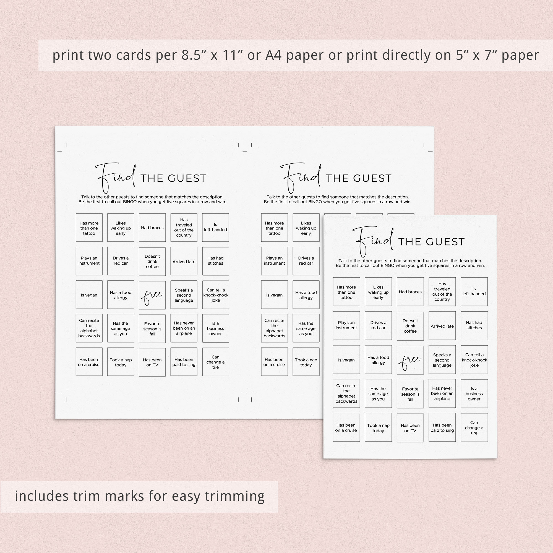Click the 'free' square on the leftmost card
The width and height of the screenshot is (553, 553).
coord(152,295)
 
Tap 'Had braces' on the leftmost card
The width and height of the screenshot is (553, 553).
coord(152,228)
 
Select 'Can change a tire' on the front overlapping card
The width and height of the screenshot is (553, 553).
coord(474,428)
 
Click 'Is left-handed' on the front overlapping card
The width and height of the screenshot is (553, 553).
coord(474,291)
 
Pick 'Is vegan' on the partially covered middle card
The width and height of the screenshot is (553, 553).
coord(274,295)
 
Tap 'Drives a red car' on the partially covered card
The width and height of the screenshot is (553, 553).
coord(306,261)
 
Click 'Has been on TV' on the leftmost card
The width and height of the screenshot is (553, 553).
coord(152,362)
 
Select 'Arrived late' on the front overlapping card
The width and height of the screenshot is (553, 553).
coord(442,326)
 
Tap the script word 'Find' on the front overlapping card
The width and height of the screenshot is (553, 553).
coord(372,241)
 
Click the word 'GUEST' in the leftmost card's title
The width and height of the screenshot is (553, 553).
coord(187,178)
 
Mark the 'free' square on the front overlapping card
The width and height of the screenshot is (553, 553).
coord(410,360)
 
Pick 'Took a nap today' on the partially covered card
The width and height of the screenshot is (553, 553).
coord(306,362)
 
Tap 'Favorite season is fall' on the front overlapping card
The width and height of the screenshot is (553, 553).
coord(410,394)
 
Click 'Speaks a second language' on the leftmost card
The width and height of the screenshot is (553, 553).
coord(184,295)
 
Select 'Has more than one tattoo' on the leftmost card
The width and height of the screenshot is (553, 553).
coord(89,228)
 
